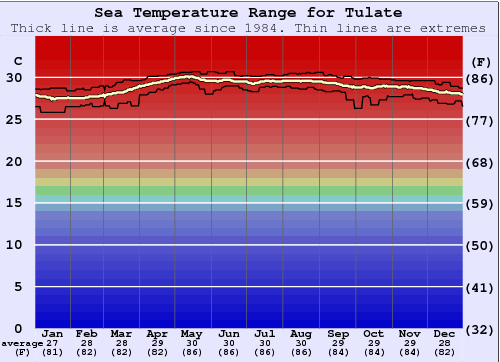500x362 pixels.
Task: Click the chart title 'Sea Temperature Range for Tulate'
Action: (x=250, y=13)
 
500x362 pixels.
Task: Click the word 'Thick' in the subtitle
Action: (x=33, y=28)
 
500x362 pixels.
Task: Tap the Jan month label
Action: (x=53, y=333)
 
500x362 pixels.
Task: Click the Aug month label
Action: (x=301, y=333)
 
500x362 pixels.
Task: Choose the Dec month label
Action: (x=445, y=333)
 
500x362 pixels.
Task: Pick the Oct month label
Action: (x=373, y=333)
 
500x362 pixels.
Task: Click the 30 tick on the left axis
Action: (x=14, y=77)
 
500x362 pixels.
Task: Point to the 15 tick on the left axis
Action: (x=14, y=202)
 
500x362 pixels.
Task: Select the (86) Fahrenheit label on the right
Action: (x=481, y=78)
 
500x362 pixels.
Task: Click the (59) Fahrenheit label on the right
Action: (x=481, y=203)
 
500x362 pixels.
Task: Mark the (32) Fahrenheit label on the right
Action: (x=481, y=329)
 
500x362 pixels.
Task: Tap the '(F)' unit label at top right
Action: (x=481, y=61)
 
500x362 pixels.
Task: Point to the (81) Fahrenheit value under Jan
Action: (x=53, y=352)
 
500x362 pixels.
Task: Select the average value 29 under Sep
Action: (x=337, y=343)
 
